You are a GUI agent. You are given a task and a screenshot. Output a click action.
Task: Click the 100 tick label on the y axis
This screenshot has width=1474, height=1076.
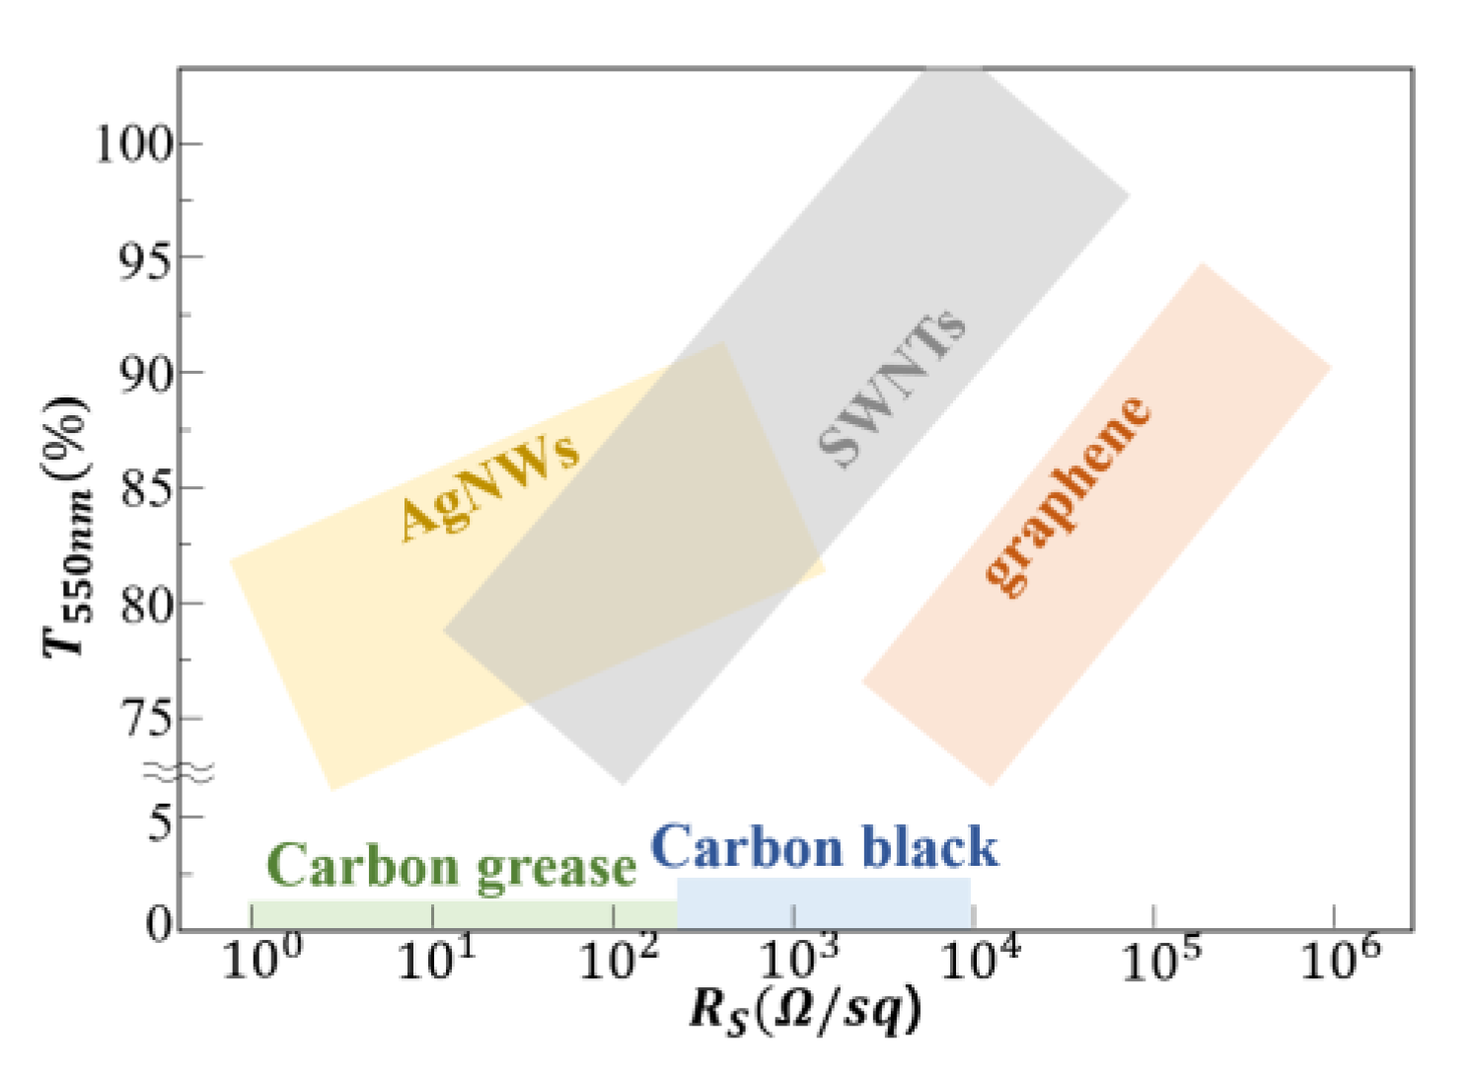click(x=134, y=144)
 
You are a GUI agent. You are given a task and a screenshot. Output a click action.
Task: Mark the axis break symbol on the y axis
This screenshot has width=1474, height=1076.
click(x=179, y=773)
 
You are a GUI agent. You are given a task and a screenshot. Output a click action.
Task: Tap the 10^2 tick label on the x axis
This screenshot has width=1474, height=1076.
click(x=618, y=960)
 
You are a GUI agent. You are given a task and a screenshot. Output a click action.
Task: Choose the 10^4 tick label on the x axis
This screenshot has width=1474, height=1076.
click(x=980, y=960)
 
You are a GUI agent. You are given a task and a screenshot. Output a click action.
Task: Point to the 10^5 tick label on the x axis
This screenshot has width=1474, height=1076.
click(x=1161, y=960)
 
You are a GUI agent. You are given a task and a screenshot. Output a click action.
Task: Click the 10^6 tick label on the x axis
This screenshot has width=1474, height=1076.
click(x=1341, y=960)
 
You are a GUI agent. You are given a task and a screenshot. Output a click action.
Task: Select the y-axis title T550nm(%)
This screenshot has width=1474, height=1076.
click(x=67, y=528)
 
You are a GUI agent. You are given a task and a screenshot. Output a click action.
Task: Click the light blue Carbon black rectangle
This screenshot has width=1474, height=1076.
click(x=824, y=903)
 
